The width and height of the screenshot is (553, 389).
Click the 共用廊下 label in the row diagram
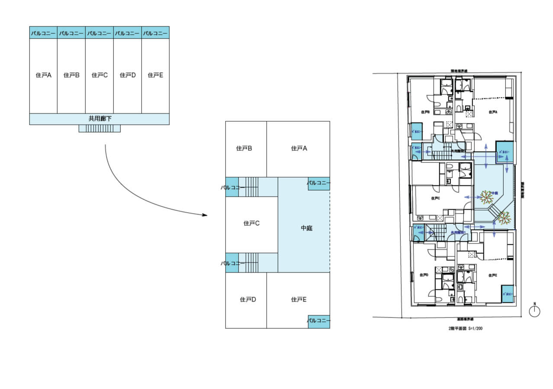(x=100, y=118)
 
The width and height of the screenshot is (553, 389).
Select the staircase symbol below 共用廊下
(x=100, y=129)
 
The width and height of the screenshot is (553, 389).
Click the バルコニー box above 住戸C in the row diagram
(x=99, y=33)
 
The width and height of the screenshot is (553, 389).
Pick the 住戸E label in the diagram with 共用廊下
(x=155, y=75)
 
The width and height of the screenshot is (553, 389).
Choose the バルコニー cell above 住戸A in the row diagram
(x=43, y=33)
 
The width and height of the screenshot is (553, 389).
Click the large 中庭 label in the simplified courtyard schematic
(x=306, y=228)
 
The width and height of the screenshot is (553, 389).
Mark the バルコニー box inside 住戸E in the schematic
(x=319, y=321)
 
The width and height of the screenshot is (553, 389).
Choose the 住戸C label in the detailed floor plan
(x=435, y=198)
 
